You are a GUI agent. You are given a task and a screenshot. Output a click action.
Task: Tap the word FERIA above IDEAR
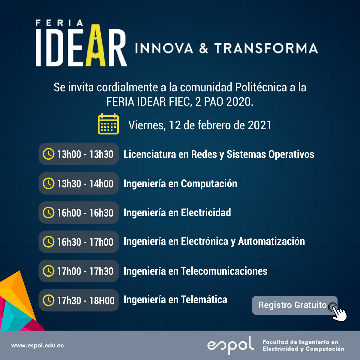click(x=59, y=23)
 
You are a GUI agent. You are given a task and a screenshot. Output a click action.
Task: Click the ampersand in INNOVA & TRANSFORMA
click(x=203, y=48)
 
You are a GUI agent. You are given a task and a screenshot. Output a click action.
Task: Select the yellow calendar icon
click(x=108, y=124)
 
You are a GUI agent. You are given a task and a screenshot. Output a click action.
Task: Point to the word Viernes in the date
click(x=147, y=125)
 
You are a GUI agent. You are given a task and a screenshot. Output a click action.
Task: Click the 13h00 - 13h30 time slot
click(x=79, y=154)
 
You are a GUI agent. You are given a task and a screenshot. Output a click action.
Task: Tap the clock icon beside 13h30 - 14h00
click(x=49, y=184)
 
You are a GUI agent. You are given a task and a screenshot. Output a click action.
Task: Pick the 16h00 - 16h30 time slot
click(x=79, y=213)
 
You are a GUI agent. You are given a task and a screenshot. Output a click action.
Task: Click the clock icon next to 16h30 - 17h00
click(x=49, y=242)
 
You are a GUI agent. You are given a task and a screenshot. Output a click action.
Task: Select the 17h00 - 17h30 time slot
click(x=79, y=271)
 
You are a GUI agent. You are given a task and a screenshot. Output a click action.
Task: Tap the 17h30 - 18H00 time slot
click(x=79, y=300)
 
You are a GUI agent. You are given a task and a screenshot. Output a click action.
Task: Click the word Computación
click(x=209, y=184)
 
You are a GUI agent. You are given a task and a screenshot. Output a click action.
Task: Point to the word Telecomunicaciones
click(x=224, y=271)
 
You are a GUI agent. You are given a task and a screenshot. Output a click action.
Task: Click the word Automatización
click(x=271, y=241)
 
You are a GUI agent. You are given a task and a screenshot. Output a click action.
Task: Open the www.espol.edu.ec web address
click(x=37, y=346)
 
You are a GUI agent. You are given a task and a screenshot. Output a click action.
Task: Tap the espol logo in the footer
click(x=231, y=345)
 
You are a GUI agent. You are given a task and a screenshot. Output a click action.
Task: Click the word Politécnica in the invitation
click(x=261, y=87)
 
